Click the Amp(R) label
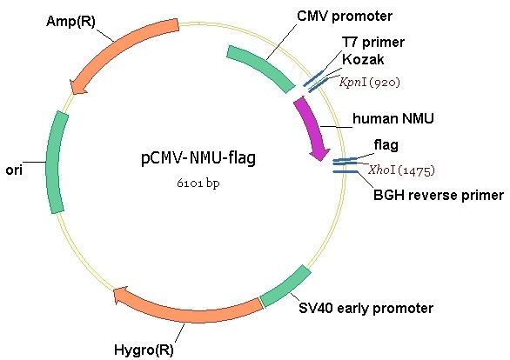70,22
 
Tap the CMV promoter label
345,16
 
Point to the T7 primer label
373,43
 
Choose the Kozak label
363,59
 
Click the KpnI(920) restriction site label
370,83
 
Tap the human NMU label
393,118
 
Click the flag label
386,145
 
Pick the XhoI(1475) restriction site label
401,170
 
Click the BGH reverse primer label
439,196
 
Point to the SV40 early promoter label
366,309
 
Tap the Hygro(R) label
144,350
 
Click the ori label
14,170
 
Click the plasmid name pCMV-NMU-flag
198,158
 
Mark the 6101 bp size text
198,183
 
